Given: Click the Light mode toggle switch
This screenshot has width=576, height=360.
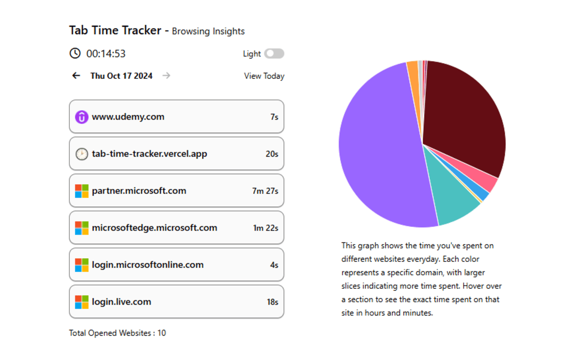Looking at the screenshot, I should pos(274,54).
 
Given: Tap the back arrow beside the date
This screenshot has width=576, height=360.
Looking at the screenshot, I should pos(76,76).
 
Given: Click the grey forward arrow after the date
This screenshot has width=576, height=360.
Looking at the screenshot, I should pos(166,76).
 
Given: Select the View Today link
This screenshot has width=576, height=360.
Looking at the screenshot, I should pos(264,76).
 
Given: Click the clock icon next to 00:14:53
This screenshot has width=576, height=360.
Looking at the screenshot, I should pos(75,54).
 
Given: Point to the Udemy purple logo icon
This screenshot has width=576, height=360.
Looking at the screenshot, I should pos(81,117).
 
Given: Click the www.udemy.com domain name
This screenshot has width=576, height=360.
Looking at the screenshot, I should pos(128,117).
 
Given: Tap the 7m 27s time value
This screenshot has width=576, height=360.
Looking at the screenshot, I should pos(265,191).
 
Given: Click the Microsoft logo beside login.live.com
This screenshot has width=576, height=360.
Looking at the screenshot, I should pos(81,302).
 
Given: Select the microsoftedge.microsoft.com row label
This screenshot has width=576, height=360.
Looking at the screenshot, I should pos(154,228).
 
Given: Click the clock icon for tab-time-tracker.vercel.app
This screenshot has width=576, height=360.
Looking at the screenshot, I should pos(81,154).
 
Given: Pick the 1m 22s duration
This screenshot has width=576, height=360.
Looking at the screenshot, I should pos(265,228).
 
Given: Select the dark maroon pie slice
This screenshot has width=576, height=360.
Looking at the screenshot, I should pos(463,117).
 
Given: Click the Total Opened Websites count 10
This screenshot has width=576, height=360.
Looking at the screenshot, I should pos(162,333).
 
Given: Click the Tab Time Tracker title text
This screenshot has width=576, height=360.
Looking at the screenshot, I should pos(115,31).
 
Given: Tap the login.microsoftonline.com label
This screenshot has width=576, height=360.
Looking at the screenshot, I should pos(148,265).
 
